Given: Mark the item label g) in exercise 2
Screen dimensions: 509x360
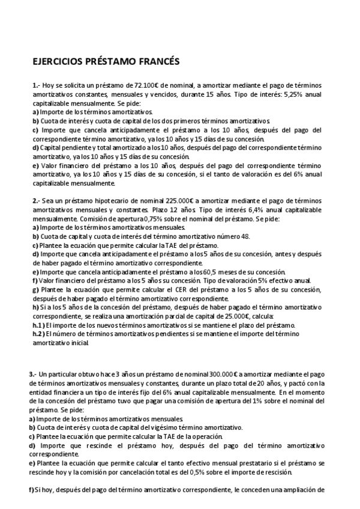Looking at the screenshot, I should pos(35,289).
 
